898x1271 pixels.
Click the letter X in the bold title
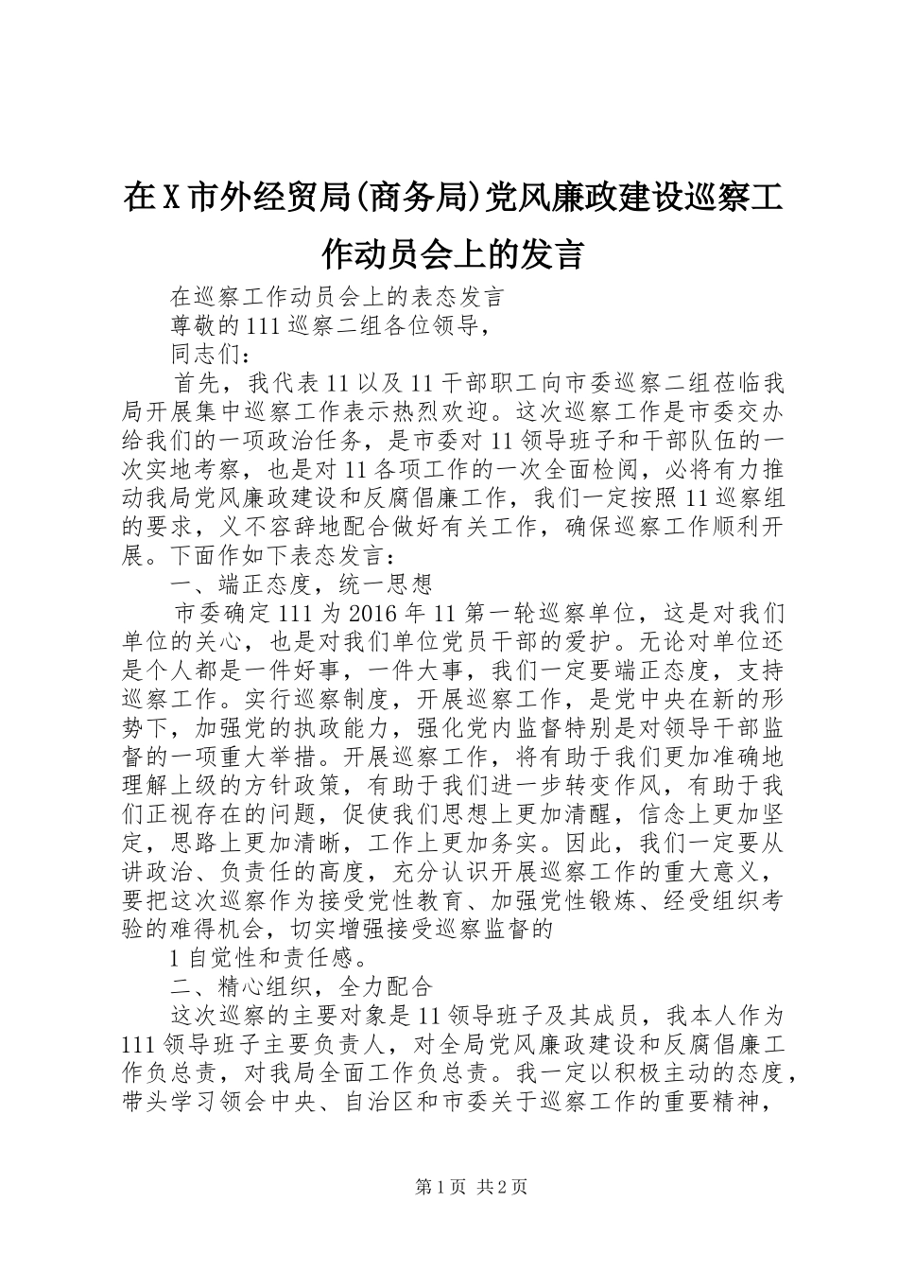click(172, 199)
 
